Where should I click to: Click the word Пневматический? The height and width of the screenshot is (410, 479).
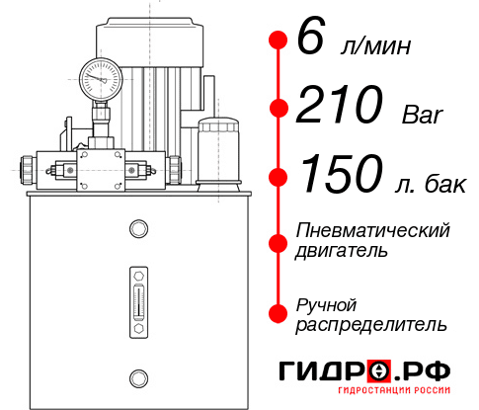pos(372,230)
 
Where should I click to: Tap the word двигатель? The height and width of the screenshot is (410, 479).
pos(342,250)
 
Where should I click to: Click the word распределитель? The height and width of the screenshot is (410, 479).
pos(371,324)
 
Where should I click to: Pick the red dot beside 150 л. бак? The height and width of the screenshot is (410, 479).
pos(278,176)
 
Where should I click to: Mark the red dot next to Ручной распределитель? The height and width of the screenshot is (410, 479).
pos(278,313)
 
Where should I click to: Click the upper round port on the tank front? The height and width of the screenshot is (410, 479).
pos(137,229)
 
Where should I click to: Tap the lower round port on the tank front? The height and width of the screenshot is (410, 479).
pos(137,376)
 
